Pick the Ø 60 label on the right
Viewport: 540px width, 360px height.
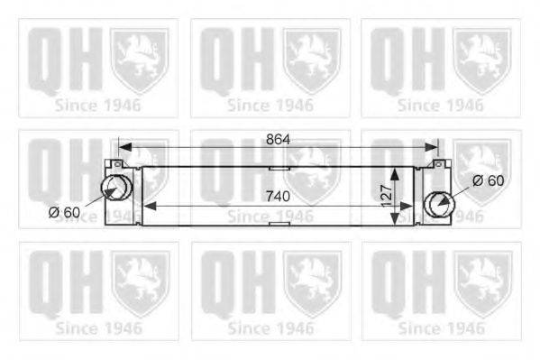pos(488,180)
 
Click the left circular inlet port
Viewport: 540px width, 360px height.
pos(114,189)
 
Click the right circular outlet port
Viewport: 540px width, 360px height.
pos(438,203)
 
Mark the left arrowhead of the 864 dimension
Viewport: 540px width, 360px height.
pos(123,147)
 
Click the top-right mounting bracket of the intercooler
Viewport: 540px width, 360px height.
pos(439,165)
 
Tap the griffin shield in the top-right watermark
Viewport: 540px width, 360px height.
pos(481,59)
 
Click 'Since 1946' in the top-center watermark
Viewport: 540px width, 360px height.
pos(270,105)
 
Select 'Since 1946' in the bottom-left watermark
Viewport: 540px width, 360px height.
pos(98,328)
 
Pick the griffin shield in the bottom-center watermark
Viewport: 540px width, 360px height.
pos(310,280)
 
